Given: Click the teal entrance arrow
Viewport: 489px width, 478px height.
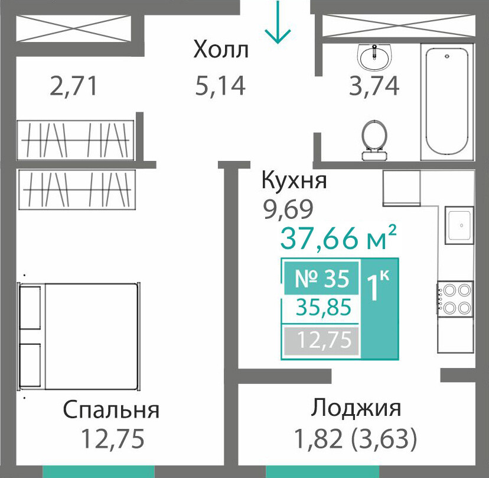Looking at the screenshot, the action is [x=278, y=22].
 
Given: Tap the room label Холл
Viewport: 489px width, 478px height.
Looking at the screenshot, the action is [x=221, y=50].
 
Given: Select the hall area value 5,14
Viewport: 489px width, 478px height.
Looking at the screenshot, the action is [x=220, y=86].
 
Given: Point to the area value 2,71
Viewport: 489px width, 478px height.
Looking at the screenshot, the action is [x=74, y=86].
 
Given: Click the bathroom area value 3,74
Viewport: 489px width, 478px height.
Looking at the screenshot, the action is [x=374, y=86].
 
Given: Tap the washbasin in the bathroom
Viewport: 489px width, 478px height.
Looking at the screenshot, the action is [x=374, y=57].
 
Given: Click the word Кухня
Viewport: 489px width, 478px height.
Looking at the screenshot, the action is [x=294, y=180].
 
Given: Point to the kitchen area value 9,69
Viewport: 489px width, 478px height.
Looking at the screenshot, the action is [x=288, y=209].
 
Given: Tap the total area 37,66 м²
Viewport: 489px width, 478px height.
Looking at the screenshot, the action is [x=338, y=237].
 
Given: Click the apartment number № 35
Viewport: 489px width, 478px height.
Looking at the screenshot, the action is [x=322, y=279].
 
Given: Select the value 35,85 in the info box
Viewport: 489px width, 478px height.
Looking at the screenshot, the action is [x=324, y=307].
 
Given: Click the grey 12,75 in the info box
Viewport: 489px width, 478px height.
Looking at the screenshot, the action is [x=324, y=340].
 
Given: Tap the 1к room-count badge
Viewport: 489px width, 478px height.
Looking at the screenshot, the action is [x=378, y=286].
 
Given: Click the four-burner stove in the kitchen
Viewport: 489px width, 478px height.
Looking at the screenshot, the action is [x=455, y=299].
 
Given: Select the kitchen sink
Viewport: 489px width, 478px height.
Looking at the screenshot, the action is [x=459, y=225].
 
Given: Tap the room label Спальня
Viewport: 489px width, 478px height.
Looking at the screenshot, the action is [x=111, y=410].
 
